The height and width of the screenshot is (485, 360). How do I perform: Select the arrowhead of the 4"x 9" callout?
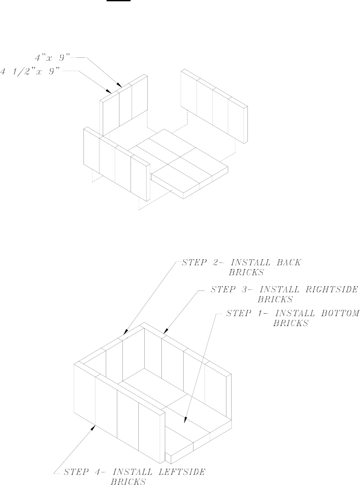pyautogui.click(x=122, y=86)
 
